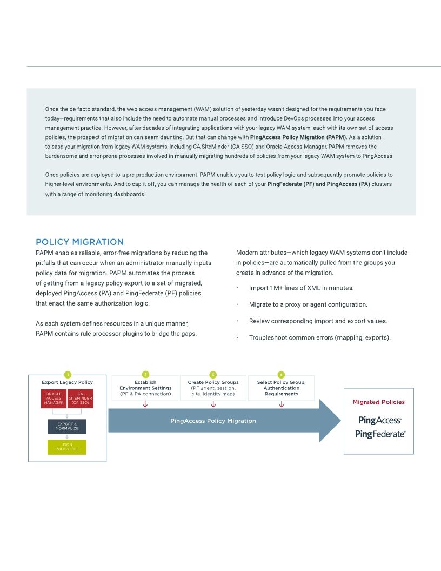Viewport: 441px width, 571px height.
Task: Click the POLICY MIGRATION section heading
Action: click(79, 242)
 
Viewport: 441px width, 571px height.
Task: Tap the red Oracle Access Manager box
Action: click(54, 398)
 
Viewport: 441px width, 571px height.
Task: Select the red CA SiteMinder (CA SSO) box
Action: click(80, 398)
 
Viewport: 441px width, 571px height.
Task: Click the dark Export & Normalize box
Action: click(67, 426)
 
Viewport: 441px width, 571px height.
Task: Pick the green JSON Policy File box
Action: click(67, 447)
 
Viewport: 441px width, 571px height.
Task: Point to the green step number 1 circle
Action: click(67, 374)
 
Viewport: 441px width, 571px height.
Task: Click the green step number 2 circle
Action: click(145, 374)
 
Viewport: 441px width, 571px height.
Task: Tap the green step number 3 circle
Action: click(213, 374)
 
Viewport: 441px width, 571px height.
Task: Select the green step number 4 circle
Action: click(281, 374)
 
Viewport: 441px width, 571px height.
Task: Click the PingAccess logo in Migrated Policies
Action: click(379, 420)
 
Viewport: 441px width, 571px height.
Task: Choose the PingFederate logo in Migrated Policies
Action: click(379, 434)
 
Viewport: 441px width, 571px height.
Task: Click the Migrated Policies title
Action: click(378, 402)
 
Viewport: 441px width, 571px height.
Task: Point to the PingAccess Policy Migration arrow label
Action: click(213, 421)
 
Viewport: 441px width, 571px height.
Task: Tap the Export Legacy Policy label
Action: click(67, 382)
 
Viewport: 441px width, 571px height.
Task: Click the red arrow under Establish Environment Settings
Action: click(145, 404)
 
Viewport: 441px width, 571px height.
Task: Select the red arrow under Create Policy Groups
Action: click(213, 404)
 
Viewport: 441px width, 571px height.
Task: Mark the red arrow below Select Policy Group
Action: click(281, 404)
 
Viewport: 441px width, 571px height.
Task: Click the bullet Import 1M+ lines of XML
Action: click(300, 288)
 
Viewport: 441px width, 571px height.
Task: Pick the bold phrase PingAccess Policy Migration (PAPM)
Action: click(298, 137)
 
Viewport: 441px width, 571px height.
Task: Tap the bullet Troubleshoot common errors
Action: click(319, 337)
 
